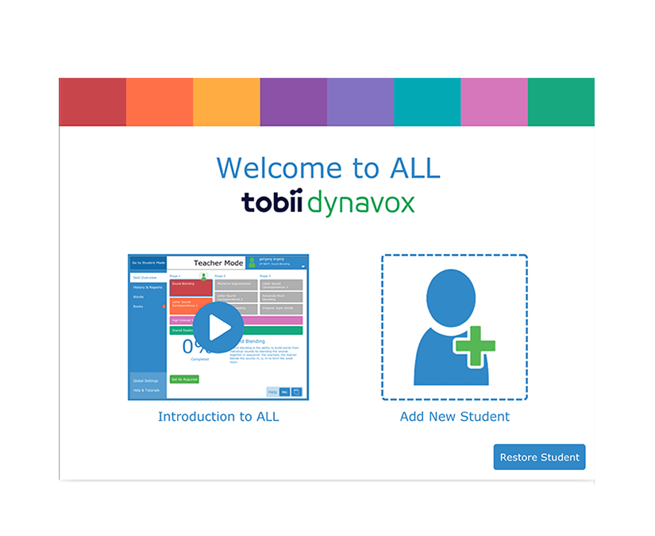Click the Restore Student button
point(539,457)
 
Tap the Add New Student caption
point(454,416)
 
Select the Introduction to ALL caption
point(218,416)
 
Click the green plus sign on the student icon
point(476,346)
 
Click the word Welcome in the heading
point(268,168)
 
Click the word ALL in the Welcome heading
point(414,168)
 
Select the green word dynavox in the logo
point(360,204)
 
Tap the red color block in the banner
point(92,102)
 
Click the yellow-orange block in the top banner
point(226,102)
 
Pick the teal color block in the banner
point(427,102)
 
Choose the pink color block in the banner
point(494,102)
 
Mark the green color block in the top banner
point(561,102)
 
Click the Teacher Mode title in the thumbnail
point(218,263)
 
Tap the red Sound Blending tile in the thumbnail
point(191,287)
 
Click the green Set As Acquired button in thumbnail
point(184,380)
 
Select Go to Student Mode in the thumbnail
point(148,263)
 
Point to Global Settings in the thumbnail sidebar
point(146,380)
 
